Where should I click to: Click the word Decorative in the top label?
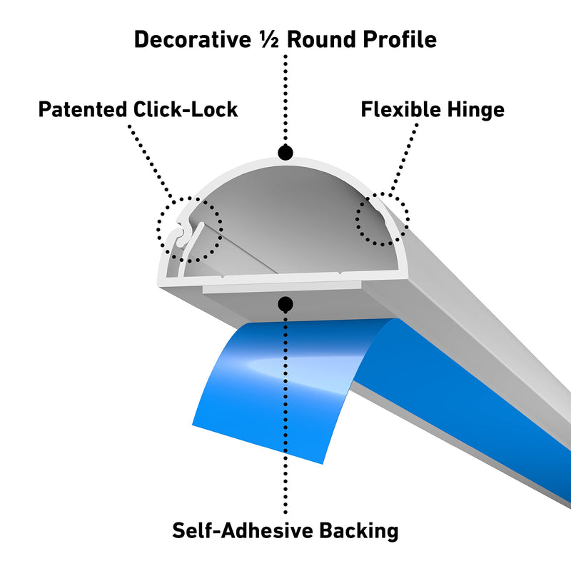pyautogui.click(x=193, y=39)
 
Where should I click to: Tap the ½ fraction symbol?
pyautogui.click(x=269, y=39)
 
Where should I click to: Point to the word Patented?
pyautogui.click(x=82, y=109)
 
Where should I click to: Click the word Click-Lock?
pyautogui.click(x=186, y=109)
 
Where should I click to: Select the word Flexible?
pyautogui.click(x=400, y=109)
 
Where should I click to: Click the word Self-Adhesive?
pyautogui.click(x=243, y=530)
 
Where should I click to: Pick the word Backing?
pyautogui.click(x=359, y=531)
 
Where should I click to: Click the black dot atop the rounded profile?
pyautogui.click(x=285, y=153)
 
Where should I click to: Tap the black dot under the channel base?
pyautogui.click(x=285, y=304)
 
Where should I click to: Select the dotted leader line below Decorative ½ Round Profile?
pyautogui.click(x=285, y=100)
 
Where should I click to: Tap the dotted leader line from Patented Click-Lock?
pyautogui.click(x=152, y=163)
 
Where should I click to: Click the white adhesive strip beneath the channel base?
pyautogui.click(x=282, y=287)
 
